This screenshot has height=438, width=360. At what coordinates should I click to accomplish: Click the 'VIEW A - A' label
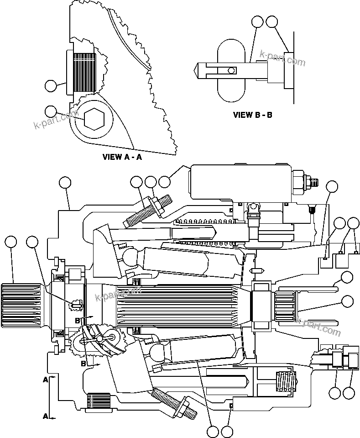122,157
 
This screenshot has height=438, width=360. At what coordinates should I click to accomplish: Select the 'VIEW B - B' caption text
252,115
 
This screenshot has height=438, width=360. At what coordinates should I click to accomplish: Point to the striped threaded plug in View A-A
84,72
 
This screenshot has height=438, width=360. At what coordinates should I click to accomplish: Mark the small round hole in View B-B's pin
232,70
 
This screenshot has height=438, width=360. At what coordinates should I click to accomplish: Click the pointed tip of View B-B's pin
199,70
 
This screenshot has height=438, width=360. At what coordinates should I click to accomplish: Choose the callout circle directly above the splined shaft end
10,243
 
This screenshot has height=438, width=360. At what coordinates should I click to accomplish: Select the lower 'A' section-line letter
45,416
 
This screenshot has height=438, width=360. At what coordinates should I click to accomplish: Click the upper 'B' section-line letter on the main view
78,321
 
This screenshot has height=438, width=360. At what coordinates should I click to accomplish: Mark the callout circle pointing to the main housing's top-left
65,183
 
